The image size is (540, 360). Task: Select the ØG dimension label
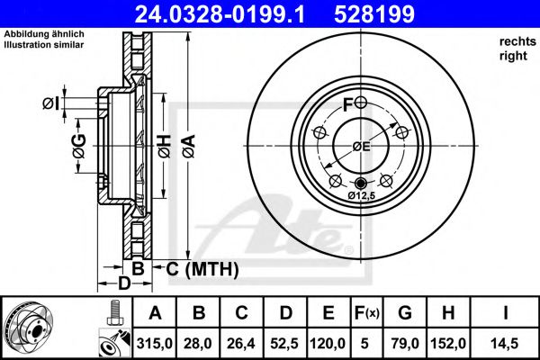[x=78, y=144]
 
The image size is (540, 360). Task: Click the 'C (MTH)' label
[x=201, y=268]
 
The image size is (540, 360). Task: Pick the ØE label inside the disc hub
[x=361, y=147]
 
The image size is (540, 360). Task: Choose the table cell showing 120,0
[x=328, y=341]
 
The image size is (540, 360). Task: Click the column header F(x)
[x=367, y=314]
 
